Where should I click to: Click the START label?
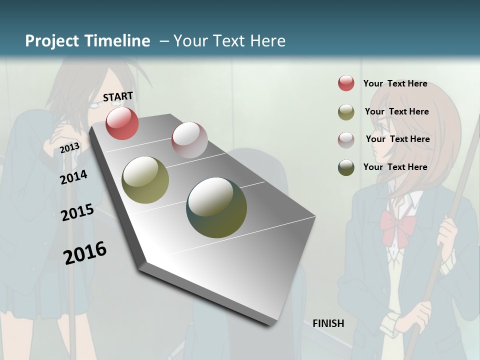(x=118, y=96)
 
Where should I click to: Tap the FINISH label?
(x=328, y=323)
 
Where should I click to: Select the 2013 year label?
(x=69, y=147)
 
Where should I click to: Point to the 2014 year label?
(x=73, y=177)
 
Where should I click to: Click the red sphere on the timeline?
(x=122, y=123)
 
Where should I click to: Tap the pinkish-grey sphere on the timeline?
(x=189, y=139)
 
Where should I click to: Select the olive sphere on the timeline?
(x=145, y=180)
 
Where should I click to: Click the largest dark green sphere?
(x=216, y=207)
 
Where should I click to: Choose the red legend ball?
(x=346, y=83)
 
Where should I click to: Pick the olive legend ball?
(x=346, y=112)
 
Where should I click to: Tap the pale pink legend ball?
(x=346, y=139)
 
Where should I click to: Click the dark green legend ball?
(x=346, y=167)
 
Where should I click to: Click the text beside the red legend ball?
(x=395, y=83)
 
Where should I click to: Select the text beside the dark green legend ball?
(x=395, y=167)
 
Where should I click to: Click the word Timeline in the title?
(x=116, y=41)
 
